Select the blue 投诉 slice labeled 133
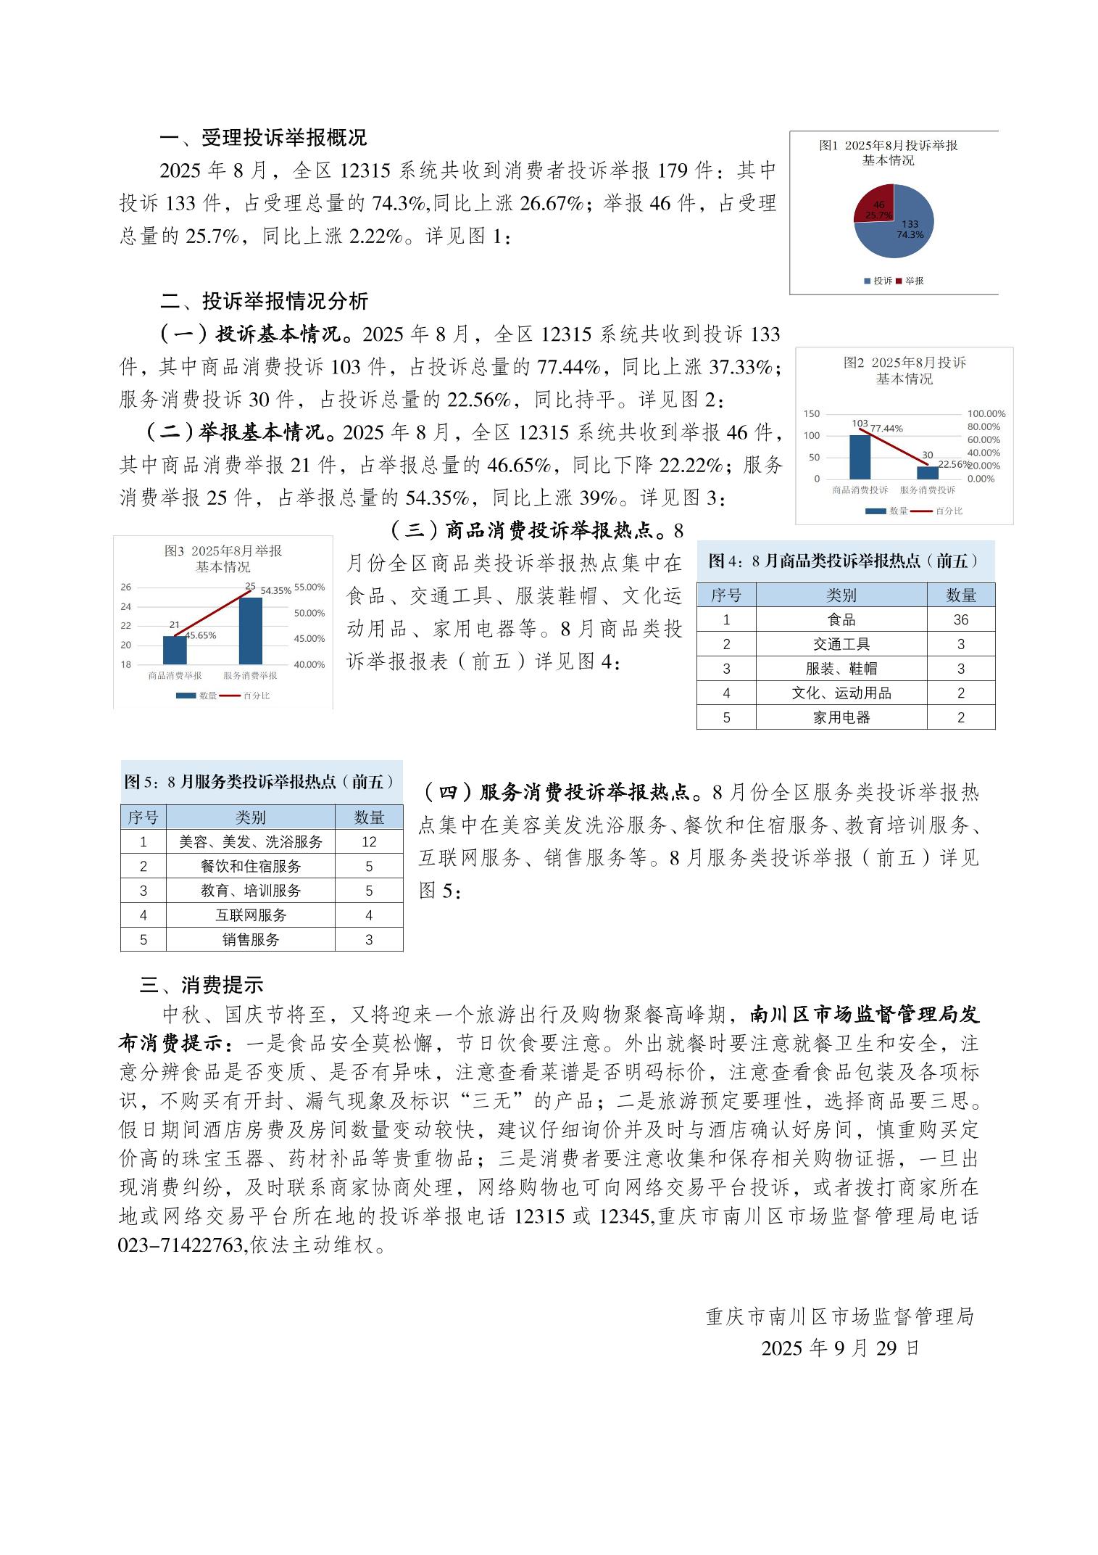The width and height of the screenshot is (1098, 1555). coord(902,236)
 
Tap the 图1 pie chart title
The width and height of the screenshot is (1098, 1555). coord(888,152)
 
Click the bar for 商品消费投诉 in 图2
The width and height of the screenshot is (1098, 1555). coord(860,457)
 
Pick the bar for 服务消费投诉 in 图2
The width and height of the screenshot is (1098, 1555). coord(927,472)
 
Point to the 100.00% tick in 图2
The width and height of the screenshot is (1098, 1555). coord(986,414)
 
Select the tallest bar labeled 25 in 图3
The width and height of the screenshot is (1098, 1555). coord(250,630)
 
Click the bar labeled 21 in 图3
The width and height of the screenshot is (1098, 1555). coord(175,650)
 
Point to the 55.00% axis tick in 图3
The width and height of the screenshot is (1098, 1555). coord(309,587)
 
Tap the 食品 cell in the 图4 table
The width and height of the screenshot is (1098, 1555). coord(841,619)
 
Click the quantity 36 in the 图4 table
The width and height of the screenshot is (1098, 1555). coord(960,619)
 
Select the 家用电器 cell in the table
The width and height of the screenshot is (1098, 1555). coord(841,717)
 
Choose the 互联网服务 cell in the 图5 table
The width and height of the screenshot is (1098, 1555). coord(251,915)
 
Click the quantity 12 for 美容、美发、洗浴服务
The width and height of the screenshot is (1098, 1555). coord(369,842)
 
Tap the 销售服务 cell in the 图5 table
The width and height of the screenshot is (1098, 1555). coord(251,940)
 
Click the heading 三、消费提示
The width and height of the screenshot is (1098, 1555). coord(201,985)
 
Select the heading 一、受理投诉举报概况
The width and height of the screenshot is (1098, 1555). coord(263,138)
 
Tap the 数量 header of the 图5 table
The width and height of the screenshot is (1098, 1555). coord(369,817)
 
